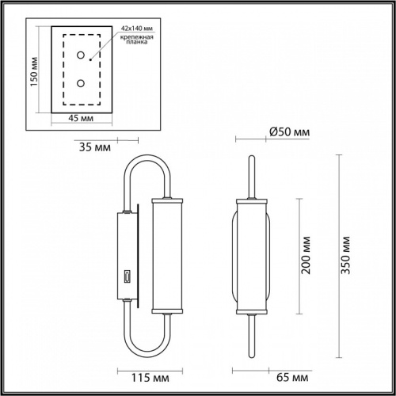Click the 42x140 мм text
point(136,29)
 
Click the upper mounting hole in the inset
point(81,55)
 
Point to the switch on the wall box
point(127,277)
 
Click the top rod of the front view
point(252,174)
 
